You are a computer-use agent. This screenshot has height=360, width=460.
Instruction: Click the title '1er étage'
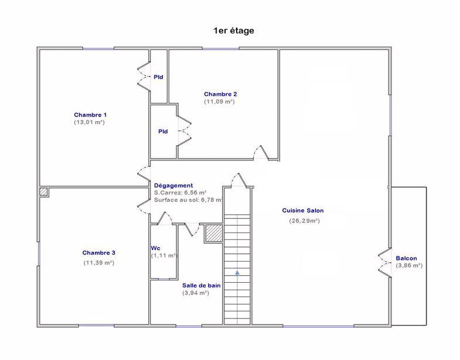click(x=234, y=30)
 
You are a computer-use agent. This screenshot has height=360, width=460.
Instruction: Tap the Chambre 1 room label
click(x=90, y=114)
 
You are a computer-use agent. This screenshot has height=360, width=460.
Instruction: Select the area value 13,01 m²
click(x=90, y=122)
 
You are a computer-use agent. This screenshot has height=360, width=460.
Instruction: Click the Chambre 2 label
click(x=220, y=94)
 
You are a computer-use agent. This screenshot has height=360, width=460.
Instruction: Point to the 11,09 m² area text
click(x=220, y=102)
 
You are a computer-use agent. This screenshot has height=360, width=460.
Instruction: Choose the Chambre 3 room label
click(x=98, y=253)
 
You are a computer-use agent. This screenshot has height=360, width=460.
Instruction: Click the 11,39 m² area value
click(x=98, y=263)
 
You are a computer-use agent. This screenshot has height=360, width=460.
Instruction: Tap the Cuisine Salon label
click(x=302, y=210)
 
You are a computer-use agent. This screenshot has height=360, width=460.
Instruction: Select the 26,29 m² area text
click(x=304, y=221)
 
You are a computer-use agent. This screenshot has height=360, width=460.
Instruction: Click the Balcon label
click(x=406, y=258)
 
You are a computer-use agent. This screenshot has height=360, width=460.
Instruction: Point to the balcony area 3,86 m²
click(x=409, y=265)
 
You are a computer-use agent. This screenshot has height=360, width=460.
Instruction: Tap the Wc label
click(x=155, y=248)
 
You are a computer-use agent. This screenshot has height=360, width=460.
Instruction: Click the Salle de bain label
click(x=201, y=285)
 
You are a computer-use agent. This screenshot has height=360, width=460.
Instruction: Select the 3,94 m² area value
click(x=196, y=293)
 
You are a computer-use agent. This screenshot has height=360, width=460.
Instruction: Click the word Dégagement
click(x=173, y=185)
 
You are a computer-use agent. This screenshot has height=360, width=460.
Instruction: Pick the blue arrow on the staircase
click(x=237, y=272)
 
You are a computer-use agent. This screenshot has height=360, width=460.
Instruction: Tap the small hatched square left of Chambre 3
click(x=43, y=191)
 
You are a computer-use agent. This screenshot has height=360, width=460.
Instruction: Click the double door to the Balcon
click(x=384, y=262)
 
